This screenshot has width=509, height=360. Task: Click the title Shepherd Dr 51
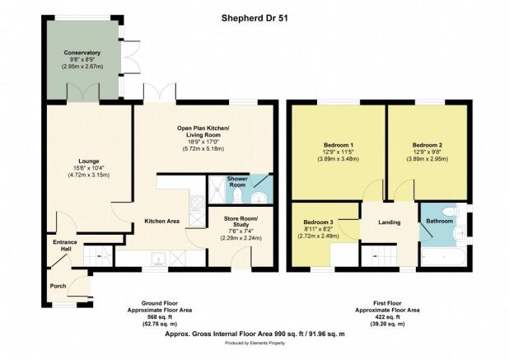(x=254, y=18)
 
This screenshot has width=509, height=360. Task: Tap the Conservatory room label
(x=82, y=53)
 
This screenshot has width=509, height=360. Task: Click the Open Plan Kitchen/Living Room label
(x=203, y=132)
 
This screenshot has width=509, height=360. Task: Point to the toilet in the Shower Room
(x=238, y=196)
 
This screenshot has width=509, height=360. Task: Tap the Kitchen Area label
(x=162, y=222)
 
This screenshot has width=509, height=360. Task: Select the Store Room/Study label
(x=240, y=222)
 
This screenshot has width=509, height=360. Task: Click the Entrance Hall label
(x=65, y=245)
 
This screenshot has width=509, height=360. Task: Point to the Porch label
(x=58, y=286)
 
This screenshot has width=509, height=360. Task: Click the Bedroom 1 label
(x=339, y=145)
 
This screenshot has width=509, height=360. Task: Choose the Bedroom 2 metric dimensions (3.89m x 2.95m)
(x=427, y=159)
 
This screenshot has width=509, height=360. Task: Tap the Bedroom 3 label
(x=318, y=222)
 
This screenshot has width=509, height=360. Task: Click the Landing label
(x=390, y=222)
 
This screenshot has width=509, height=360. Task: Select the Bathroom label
(x=440, y=221)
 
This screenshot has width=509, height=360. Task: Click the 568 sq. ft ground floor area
(x=160, y=317)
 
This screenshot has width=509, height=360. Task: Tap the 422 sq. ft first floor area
(x=387, y=317)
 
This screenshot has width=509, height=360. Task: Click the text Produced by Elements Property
(x=254, y=344)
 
